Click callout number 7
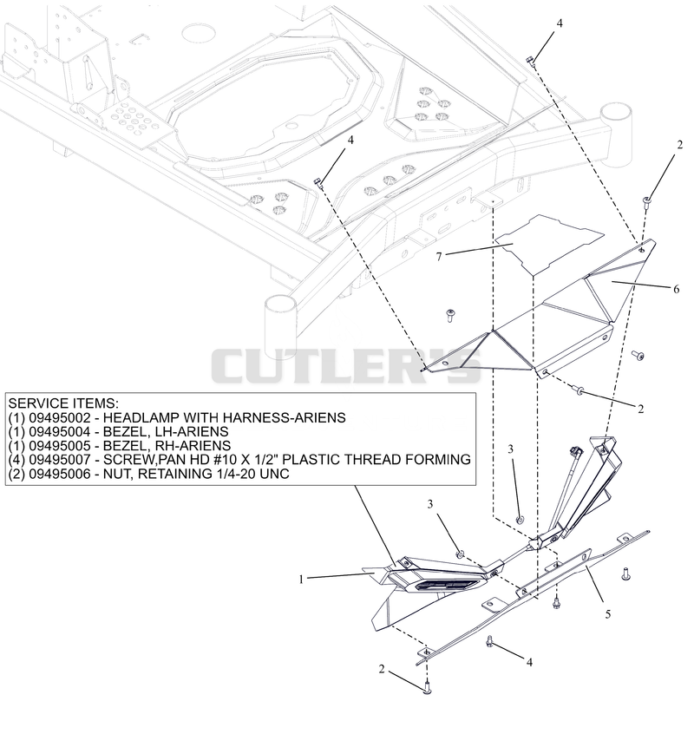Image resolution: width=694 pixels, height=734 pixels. pos(438,257)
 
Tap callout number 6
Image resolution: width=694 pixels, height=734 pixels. pos(677,289)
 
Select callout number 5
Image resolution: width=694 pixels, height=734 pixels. pos(608,613)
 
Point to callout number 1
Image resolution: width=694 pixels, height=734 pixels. pos(301,580)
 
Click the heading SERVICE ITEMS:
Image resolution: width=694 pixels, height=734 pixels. pos(63,403)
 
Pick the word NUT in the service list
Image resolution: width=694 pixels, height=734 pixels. pos(116,474)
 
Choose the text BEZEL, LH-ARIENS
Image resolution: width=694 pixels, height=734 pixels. pos(166,431)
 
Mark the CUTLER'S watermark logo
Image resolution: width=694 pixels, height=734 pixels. pos(346,366)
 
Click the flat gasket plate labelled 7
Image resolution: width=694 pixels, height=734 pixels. pos(548,244)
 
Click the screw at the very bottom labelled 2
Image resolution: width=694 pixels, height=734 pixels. pos(428,688)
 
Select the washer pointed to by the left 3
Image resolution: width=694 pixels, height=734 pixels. pos(460,554)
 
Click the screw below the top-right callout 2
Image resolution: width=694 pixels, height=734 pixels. pos(646,203)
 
